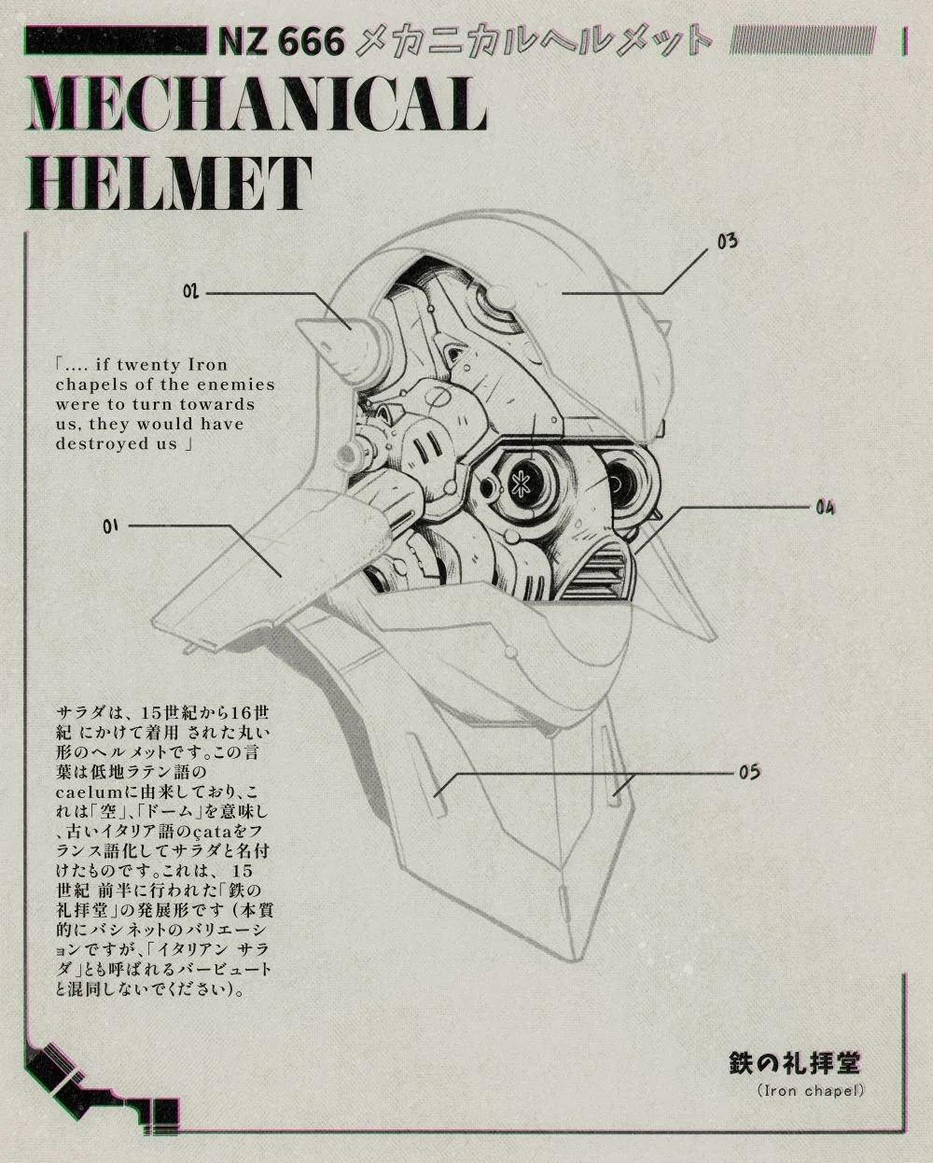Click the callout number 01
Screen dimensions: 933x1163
(x=110, y=526)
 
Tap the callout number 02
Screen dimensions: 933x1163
(x=190, y=292)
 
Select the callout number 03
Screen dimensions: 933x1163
(x=728, y=242)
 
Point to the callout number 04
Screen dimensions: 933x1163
(x=825, y=508)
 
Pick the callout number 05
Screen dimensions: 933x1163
(x=749, y=772)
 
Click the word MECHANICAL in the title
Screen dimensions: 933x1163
(x=258, y=105)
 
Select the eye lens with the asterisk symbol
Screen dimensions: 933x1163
(x=515, y=480)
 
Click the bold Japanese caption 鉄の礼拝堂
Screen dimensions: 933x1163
(x=794, y=1063)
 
